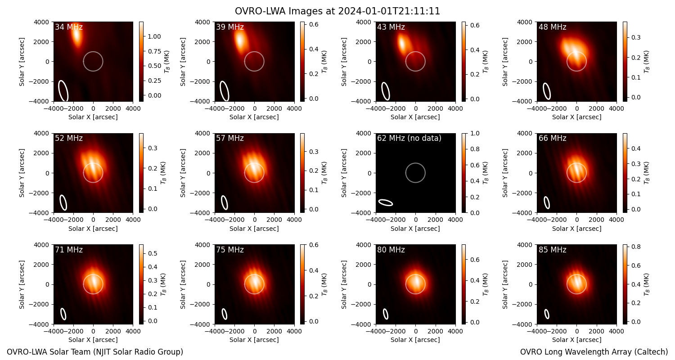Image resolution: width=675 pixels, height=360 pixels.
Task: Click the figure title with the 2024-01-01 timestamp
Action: pos(337,11)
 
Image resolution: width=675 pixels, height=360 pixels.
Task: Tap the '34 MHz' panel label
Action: pos(69,27)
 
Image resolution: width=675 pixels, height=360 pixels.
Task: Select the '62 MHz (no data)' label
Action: pos(409,138)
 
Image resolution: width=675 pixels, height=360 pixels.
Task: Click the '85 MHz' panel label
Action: pos(552,250)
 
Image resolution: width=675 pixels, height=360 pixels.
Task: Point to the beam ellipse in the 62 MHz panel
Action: pos(386,202)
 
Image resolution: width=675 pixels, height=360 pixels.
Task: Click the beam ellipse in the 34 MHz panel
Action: pos(63,91)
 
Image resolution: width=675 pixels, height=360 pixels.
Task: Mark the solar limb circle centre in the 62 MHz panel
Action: pos(415,173)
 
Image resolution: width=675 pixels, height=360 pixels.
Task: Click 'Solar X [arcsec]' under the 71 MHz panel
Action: pos(93,340)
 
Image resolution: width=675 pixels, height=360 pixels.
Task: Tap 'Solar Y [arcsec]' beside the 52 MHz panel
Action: pos(22,173)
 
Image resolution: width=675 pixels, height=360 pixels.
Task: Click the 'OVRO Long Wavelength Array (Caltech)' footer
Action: pos(594,352)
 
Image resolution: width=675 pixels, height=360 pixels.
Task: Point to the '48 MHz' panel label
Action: pos(552,27)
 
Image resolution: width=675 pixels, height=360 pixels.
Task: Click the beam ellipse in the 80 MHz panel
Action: pos(386,314)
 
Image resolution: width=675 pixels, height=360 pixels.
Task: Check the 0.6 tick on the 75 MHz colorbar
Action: pos(314,245)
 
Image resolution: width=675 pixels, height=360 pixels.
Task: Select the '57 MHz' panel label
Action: pos(230,138)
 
